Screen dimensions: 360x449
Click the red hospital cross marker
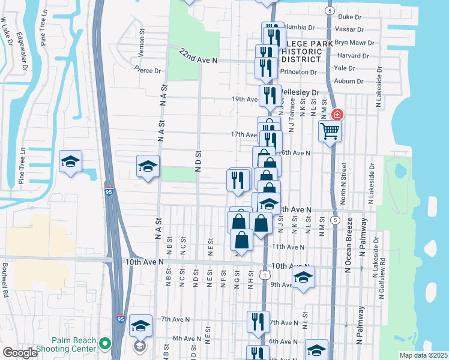(x=337, y=114)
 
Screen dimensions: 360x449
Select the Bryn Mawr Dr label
(x=354, y=43)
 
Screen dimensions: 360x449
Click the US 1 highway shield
(x=264, y=274)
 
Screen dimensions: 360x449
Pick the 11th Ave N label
(x=288, y=247)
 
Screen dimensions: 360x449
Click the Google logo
(x=20, y=352)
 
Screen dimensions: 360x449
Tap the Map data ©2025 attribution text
(x=423, y=355)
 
